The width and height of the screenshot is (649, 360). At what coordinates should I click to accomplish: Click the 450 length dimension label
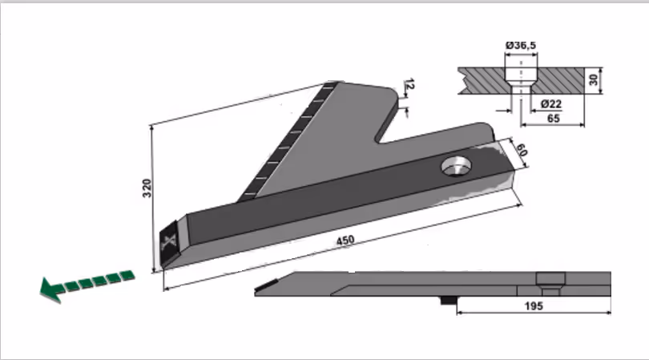tap(345, 241)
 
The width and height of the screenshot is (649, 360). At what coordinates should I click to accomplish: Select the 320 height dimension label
tap(147, 188)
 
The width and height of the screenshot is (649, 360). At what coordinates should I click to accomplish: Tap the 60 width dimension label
tap(521, 150)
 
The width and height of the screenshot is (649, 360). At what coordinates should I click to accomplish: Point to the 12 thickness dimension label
tap(408, 84)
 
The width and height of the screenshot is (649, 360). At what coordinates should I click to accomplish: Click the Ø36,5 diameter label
tap(521, 45)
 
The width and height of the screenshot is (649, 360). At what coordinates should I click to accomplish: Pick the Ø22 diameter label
tap(551, 103)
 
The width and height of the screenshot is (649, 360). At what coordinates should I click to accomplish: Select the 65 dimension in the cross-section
tap(554, 119)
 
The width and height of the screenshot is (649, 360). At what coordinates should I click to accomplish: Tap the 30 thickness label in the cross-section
tap(594, 80)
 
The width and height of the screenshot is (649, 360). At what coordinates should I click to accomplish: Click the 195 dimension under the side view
tap(534, 306)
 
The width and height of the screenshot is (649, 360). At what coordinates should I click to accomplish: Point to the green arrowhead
tap(51, 290)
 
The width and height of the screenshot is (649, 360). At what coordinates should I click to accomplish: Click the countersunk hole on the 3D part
tap(456, 167)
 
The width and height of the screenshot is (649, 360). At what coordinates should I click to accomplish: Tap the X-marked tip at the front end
tap(169, 245)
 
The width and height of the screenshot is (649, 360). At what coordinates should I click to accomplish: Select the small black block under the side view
tap(448, 301)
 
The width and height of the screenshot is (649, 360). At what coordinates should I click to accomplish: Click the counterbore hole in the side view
tap(550, 283)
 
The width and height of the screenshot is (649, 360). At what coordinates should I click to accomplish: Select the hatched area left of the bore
tap(483, 80)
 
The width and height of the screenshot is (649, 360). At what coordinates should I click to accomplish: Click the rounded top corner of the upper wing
tap(391, 91)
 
